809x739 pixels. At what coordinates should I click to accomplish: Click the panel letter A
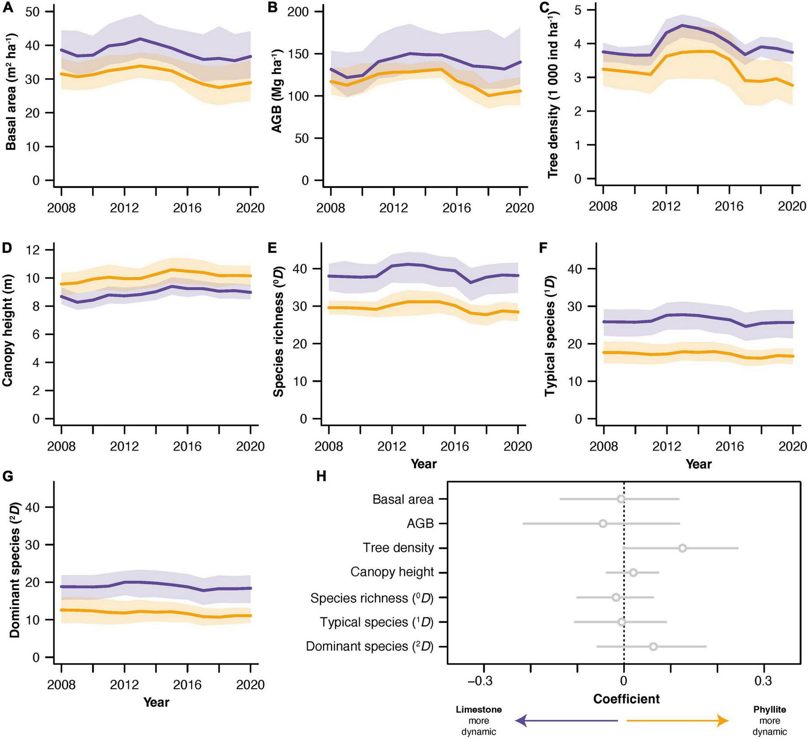[7, 8]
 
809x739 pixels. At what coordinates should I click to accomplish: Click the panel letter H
[321, 476]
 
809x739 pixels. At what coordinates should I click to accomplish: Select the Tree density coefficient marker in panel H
[682, 548]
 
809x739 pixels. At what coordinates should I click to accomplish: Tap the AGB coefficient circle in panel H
[603, 523]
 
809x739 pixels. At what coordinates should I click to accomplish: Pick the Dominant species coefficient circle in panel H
[653, 646]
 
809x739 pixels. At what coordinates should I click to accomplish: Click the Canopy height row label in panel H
[392, 572]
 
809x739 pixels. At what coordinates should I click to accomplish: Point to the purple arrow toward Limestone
[566, 721]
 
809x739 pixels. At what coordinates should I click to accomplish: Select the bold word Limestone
[479, 710]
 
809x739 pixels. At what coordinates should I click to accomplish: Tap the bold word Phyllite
[770, 710]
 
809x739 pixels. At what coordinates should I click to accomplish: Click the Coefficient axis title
[626, 699]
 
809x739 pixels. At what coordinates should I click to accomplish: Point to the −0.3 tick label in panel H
[480, 681]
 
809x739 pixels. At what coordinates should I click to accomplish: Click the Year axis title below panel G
[156, 702]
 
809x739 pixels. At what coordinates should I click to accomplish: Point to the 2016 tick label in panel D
[187, 446]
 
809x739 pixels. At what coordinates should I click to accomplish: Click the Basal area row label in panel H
[403, 500]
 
